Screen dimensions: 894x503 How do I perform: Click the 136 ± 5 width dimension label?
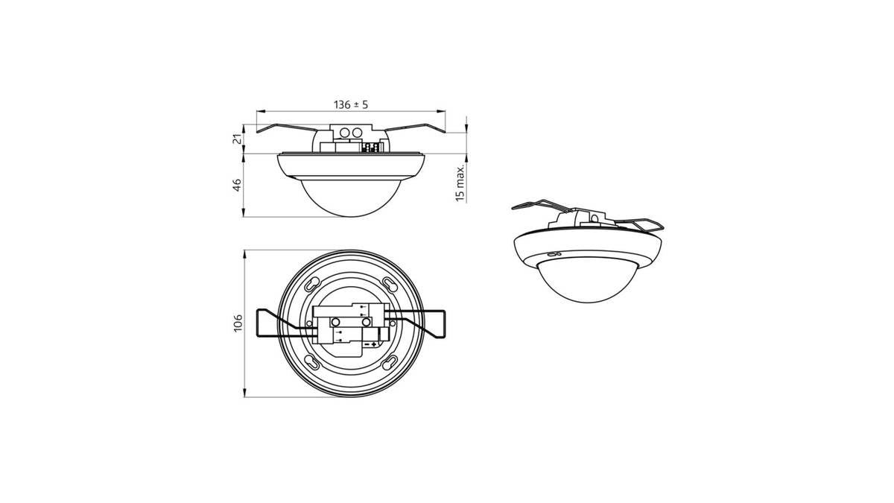[x=351, y=104]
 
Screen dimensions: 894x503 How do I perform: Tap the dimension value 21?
[x=237, y=139]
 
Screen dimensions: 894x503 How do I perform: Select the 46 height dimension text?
[x=237, y=185]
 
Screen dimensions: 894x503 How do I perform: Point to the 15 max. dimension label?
[x=460, y=183]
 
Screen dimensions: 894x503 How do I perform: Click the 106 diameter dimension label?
[x=238, y=323]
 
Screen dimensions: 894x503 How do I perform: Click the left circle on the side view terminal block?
[x=344, y=133]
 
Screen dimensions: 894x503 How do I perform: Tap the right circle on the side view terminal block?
[x=357, y=133]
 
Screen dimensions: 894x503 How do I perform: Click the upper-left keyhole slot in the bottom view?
[x=312, y=284]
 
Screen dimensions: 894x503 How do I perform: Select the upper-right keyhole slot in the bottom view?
[x=390, y=284]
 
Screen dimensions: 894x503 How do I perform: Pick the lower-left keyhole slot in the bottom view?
[x=312, y=362]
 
